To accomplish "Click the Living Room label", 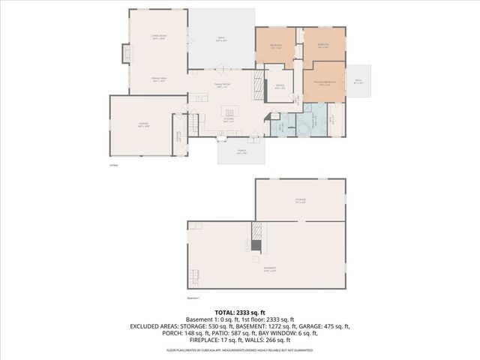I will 157,37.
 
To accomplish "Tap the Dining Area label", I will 158,79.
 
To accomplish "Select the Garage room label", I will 143,126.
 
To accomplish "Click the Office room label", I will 279,86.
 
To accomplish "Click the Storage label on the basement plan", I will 300,200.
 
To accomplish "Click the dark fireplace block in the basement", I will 256,244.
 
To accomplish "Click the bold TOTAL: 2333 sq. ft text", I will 239,312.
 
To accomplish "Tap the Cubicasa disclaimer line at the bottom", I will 239,350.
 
